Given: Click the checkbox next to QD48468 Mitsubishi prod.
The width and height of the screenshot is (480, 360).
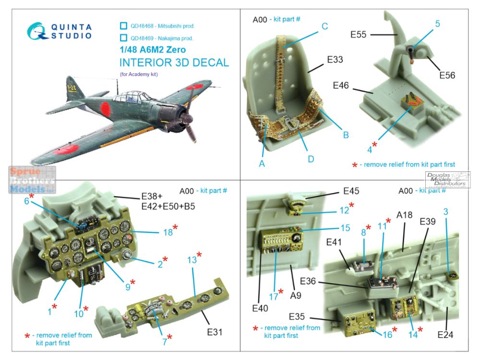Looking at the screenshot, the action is [123, 26].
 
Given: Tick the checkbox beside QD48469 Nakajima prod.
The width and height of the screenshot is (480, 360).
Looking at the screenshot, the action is [123, 38].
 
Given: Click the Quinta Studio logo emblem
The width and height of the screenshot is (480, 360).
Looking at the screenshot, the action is [37, 31].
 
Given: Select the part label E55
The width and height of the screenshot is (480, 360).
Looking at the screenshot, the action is [358, 35].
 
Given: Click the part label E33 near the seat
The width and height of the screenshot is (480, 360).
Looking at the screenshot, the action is [335, 60].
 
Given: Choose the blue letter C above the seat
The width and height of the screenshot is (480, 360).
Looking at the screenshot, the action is [325, 26].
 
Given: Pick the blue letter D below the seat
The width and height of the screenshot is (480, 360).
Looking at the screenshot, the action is [311, 159].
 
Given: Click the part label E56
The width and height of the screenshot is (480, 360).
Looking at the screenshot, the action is [447, 75].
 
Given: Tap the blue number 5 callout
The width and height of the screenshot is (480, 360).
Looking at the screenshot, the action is [437, 24].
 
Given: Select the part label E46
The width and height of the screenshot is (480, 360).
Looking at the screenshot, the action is [341, 85].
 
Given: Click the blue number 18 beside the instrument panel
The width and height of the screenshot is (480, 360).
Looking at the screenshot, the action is [168, 232].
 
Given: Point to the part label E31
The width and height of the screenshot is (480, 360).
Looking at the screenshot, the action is [215, 332].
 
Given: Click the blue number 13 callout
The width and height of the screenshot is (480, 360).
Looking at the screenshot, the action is [192, 260].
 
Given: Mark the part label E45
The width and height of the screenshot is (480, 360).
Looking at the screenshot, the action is [351, 191].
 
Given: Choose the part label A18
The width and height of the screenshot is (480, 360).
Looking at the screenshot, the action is [404, 215].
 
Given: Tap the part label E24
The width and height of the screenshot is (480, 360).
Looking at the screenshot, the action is [445, 335].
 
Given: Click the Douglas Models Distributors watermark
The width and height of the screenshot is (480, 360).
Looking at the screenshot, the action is [447, 180].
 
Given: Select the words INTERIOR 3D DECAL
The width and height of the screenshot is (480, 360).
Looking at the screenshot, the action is [174, 63].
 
